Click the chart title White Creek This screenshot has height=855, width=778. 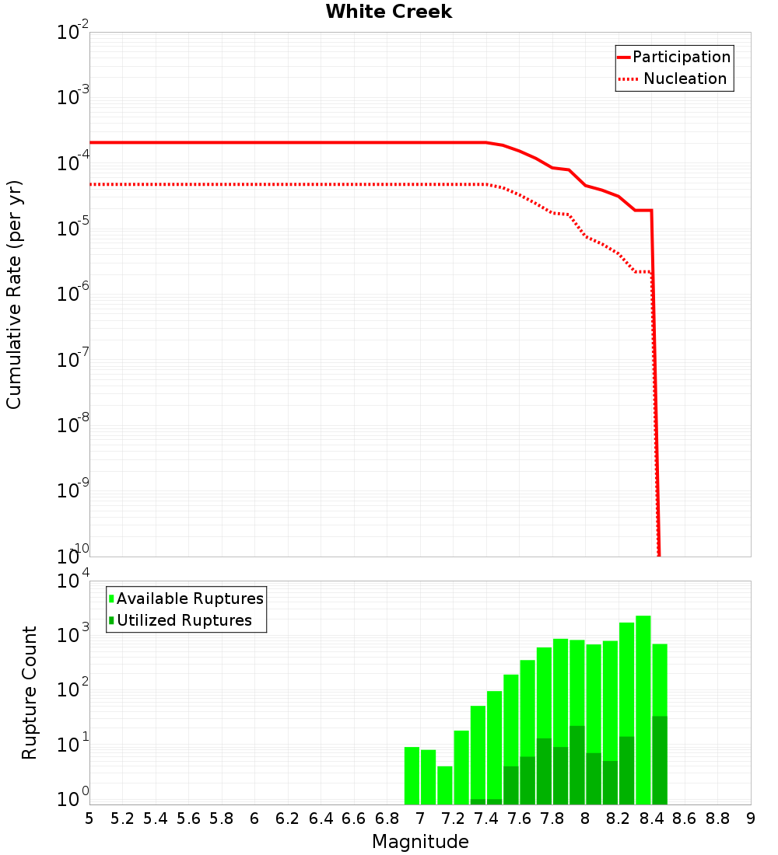click(388, 12)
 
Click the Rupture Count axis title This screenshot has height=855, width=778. click(30, 693)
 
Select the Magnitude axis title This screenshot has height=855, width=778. click(420, 842)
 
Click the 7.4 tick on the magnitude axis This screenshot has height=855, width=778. click(486, 818)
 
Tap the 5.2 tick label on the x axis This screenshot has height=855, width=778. click(123, 818)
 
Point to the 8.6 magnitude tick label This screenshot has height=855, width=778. click(685, 818)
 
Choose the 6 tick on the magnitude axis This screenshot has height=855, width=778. click(254, 818)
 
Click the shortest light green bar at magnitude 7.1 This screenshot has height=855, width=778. click(445, 785)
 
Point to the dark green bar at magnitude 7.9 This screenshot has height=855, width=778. click(577, 766)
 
